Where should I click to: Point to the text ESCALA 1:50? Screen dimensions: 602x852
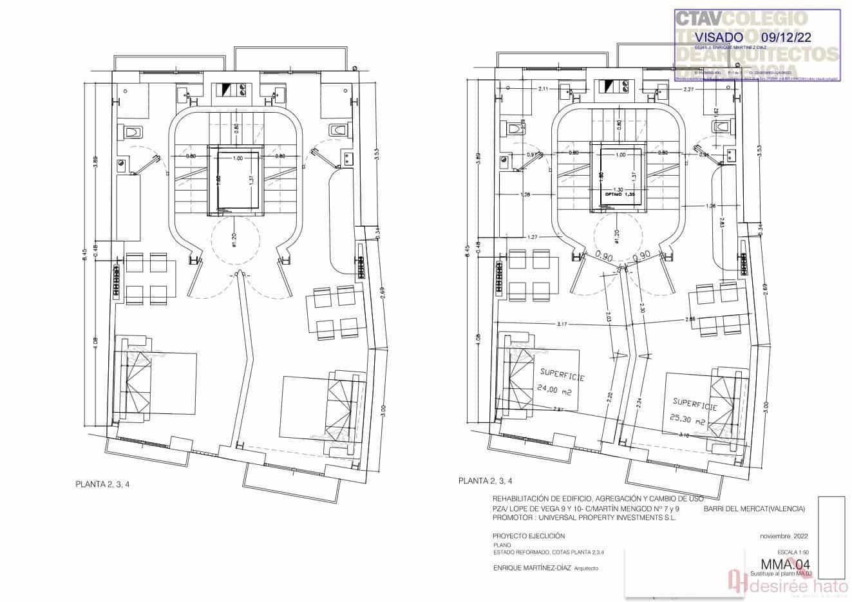[x=792, y=552]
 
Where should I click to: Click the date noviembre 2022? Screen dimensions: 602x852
[x=784, y=536]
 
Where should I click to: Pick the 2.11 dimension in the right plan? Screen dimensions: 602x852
[x=543, y=89]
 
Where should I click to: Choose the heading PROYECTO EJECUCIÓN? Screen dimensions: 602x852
[x=528, y=536]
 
